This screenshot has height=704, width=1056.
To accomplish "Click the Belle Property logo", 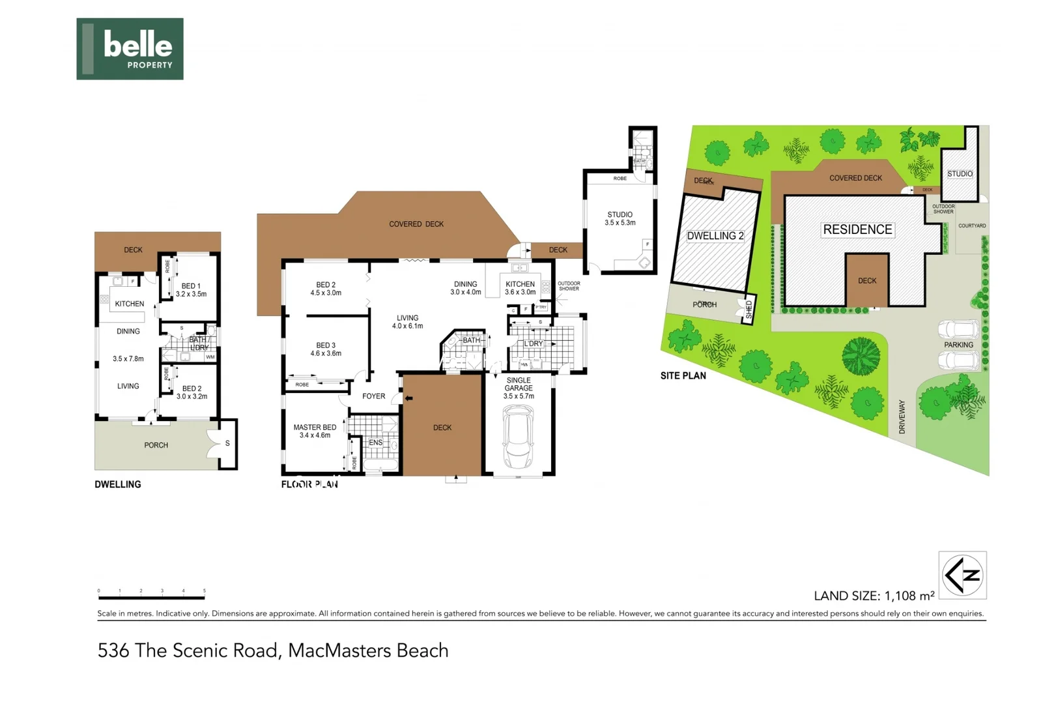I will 130,49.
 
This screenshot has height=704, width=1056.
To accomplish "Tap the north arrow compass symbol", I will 962,575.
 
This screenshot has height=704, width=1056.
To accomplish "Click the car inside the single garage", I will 518,436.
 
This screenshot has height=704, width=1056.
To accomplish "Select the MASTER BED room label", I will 315,428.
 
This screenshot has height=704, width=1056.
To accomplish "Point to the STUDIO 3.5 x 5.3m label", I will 620,218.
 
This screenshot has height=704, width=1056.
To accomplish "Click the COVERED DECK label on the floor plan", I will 416,224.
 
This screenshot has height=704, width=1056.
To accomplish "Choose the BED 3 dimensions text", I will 326,354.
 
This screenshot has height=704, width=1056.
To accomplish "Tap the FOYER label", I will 373,396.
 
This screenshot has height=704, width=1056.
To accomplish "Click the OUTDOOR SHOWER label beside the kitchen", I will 569,286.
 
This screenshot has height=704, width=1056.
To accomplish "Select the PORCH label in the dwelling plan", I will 156,445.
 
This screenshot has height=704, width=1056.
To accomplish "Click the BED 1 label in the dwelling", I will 191,286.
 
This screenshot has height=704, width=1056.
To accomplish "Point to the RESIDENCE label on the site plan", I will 857,229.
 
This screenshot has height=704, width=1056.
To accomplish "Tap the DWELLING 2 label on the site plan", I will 715,236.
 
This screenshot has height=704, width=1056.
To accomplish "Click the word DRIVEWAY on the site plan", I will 902,417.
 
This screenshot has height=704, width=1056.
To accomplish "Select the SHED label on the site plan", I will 749,310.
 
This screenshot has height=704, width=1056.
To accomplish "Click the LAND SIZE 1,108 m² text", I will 874,596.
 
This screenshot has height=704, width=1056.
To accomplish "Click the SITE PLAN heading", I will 683,376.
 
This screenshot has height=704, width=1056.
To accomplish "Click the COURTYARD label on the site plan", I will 971,226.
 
